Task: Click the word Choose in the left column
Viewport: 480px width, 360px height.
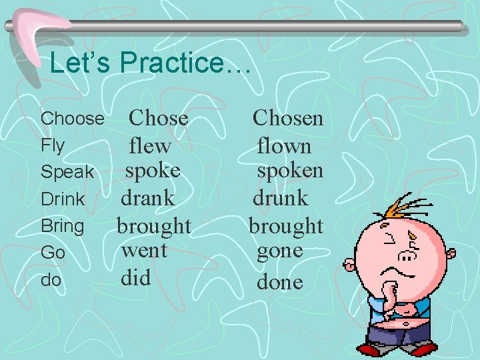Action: [x=73, y=119]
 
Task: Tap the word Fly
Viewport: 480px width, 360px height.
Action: [x=53, y=145]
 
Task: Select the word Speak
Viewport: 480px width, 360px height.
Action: [x=67, y=172]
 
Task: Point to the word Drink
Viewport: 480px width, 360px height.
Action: [x=63, y=199]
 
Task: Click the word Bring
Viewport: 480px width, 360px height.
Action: [x=63, y=226]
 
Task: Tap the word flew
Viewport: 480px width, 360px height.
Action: [x=150, y=145]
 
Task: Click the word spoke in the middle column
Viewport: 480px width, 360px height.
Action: [x=153, y=171]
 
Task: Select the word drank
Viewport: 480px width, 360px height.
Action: [x=147, y=198]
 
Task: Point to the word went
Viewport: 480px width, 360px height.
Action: [x=144, y=251]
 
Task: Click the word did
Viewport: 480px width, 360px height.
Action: [x=135, y=277]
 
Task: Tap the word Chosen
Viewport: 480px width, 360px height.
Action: [x=288, y=118]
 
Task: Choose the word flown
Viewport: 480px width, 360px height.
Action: [x=284, y=145]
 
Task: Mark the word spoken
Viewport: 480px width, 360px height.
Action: [x=291, y=171]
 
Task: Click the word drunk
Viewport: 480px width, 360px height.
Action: [x=280, y=198]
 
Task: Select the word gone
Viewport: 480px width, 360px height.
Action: [x=280, y=251]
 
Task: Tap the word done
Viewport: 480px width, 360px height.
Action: [x=280, y=281]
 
